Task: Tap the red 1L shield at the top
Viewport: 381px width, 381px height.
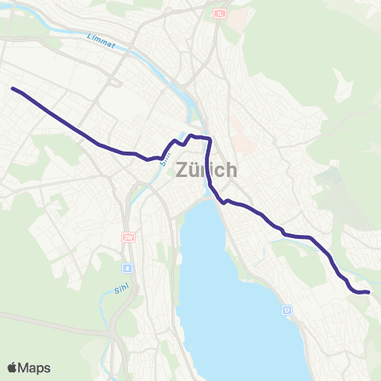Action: click(x=219, y=13)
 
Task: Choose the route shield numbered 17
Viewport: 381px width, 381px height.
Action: click(x=287, y=310)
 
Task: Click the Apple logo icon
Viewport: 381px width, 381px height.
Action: click(x=13, y=368)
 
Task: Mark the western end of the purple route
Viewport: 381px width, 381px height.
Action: click(x=13, y=88)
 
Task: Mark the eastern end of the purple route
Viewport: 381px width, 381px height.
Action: click(x=369, y=292)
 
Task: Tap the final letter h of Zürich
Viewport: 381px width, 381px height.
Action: click(x=231, y=170)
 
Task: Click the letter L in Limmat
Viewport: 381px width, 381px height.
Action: click(x=87, y=37)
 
